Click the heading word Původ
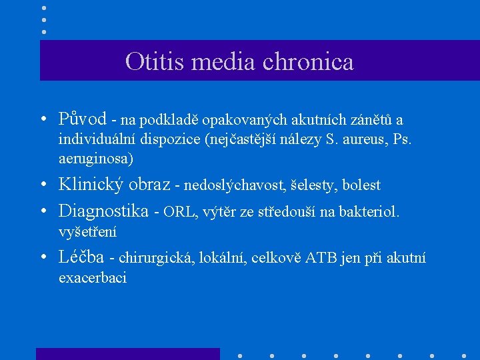click(83, 120)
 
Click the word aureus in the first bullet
click(353, 140)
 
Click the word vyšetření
click(87, 232)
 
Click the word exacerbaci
click(93, 278)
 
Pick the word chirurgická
click(157, 259)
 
